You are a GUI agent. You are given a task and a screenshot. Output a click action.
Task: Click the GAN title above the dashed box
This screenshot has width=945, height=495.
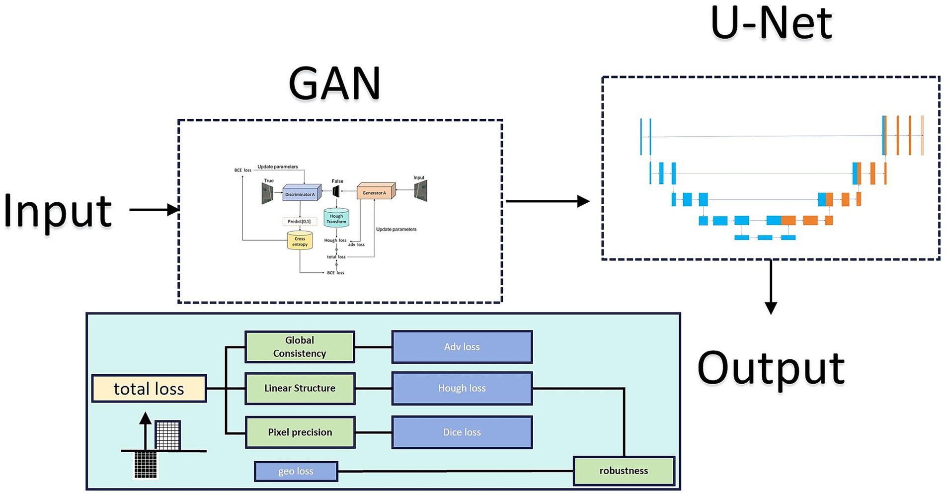click(x=334, y=84)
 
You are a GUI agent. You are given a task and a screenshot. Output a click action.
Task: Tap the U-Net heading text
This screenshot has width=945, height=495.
click(x=771, y=23)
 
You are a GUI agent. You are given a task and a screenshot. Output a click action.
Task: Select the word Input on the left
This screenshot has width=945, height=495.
click(x=58, y=211)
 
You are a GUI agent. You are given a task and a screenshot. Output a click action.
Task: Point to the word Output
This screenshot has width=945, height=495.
click(x=771, y=368)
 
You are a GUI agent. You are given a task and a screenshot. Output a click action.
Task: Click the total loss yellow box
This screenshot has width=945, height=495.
click(x=149, y=389)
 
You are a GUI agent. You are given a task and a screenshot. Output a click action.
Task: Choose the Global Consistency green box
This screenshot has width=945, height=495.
click(x=300, y=347)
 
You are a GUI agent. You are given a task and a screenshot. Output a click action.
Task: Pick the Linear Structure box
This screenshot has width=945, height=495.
click(x=300, y=388)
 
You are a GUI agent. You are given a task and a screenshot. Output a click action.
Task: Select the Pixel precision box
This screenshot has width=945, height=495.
click(x=300, y=432)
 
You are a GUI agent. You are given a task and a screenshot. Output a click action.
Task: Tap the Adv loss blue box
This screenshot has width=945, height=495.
click(x=462, y=347)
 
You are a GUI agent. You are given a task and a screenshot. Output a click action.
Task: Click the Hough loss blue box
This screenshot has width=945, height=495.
click(x=462, y=388)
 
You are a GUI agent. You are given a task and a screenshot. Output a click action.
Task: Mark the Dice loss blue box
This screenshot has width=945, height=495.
click(x=462, y=432)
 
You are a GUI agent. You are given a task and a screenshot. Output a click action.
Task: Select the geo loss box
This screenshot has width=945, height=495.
click(x=296, y=471)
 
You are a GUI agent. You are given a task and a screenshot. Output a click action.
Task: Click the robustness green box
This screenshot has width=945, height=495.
click(x=624, y=471)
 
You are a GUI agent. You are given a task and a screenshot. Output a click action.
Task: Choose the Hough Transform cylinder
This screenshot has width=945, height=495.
click(x=336, y=218)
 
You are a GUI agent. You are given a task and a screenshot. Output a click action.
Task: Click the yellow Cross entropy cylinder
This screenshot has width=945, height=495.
click(x=300, y=241)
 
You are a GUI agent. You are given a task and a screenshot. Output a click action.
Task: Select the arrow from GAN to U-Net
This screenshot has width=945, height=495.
click(x=547, y=201)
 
